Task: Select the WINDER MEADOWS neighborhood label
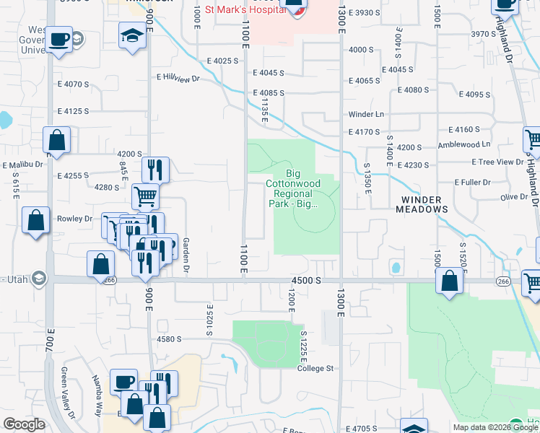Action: (x=422, y=204)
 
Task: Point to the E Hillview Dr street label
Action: (x=178, y=76)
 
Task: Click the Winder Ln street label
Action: (x=366, y=115)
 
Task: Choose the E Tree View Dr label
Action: (x=497, y=163)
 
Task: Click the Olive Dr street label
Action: (x=514, y=197)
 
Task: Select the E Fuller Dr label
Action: (x=472, y=183)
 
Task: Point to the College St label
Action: (x=315, y=368)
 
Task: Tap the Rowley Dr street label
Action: (x=75, y=219)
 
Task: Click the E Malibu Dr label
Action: (x=24, y=165)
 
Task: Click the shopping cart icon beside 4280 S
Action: (x=145, y=196)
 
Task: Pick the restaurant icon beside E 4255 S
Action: (x=155, y=170)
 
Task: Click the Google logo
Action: (x=24, y=424)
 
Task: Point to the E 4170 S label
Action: (x=364, y=132)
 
